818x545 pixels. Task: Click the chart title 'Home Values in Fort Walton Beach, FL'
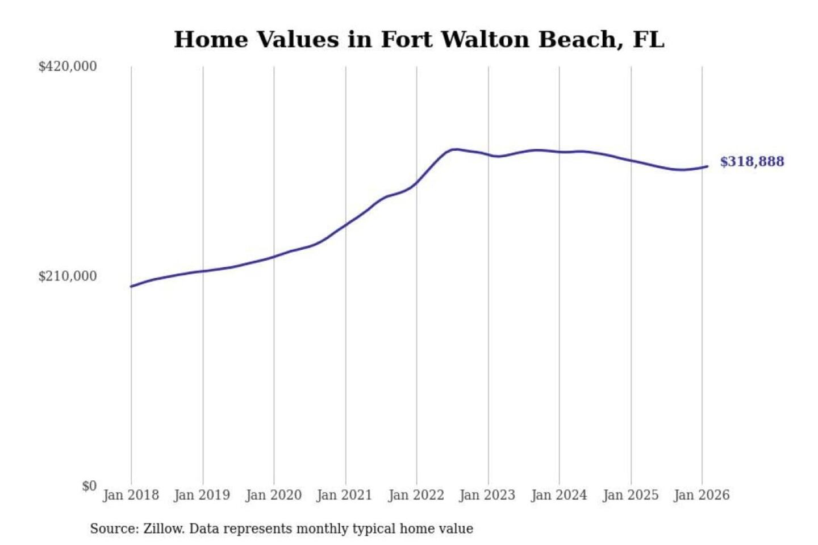pyautogui.click(x=419, y=40)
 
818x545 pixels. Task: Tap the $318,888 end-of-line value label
pyautogui.click(x=752, y=162)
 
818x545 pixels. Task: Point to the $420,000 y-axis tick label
pyautogui.click(x=68, y=66)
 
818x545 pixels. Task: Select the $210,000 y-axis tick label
pyautogui.click(x=68, y=276)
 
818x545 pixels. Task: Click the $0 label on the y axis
pyautogui.click(x=89, y=486)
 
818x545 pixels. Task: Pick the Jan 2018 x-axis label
pyautogui.click(x=131, y=495)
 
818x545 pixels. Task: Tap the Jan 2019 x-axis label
pyautogui.click(x=202, y=495)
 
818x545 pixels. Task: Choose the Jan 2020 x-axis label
pyautogui.click(x=273, y=495)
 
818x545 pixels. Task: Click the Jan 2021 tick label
pyautogui.click(x=344, y=495)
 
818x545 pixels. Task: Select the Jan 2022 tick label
pyautogui.click(x=416, y=495)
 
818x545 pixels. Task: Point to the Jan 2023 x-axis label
pyautogui.click(x=487, y=495)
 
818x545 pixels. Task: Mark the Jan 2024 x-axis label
pyautogui.click(x=558, y=495)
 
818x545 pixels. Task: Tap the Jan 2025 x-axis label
pyautogui.click(x=630, y=495)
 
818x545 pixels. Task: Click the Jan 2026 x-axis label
pyautogui.click(x=701, y=495)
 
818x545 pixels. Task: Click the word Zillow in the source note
pyautogui.click(x=163, y=529)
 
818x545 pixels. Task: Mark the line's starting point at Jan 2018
pyautogui.click(x=131, y=286)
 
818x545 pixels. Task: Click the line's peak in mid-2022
pyautogui.click(x=454, y=149)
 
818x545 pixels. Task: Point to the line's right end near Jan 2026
pyautogui.click(x=707, y=166)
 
